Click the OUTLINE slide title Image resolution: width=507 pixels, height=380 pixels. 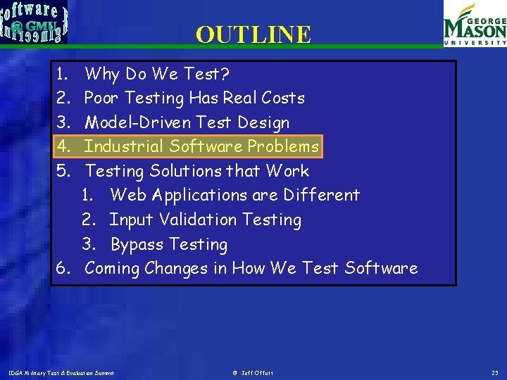pyautogui.click(x=253, y=34)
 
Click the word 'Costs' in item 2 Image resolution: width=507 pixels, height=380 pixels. pyautogui.click(x=282, y=98)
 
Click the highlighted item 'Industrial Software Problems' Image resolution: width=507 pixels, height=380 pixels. pyautogui.click(x=201, y=146)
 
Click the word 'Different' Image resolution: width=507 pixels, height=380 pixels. pyautogui.click(x=325, y=195)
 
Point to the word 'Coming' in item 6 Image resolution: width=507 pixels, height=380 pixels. pyautogui.click(x=112, y=268)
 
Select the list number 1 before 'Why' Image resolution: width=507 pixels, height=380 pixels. pyautogui.click(x=62, y=74)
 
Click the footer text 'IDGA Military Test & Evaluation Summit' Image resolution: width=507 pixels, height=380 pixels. pyautogui.click(x=61, y=372)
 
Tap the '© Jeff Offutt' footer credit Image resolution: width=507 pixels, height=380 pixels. pyautogui.click(x=253, y=372)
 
